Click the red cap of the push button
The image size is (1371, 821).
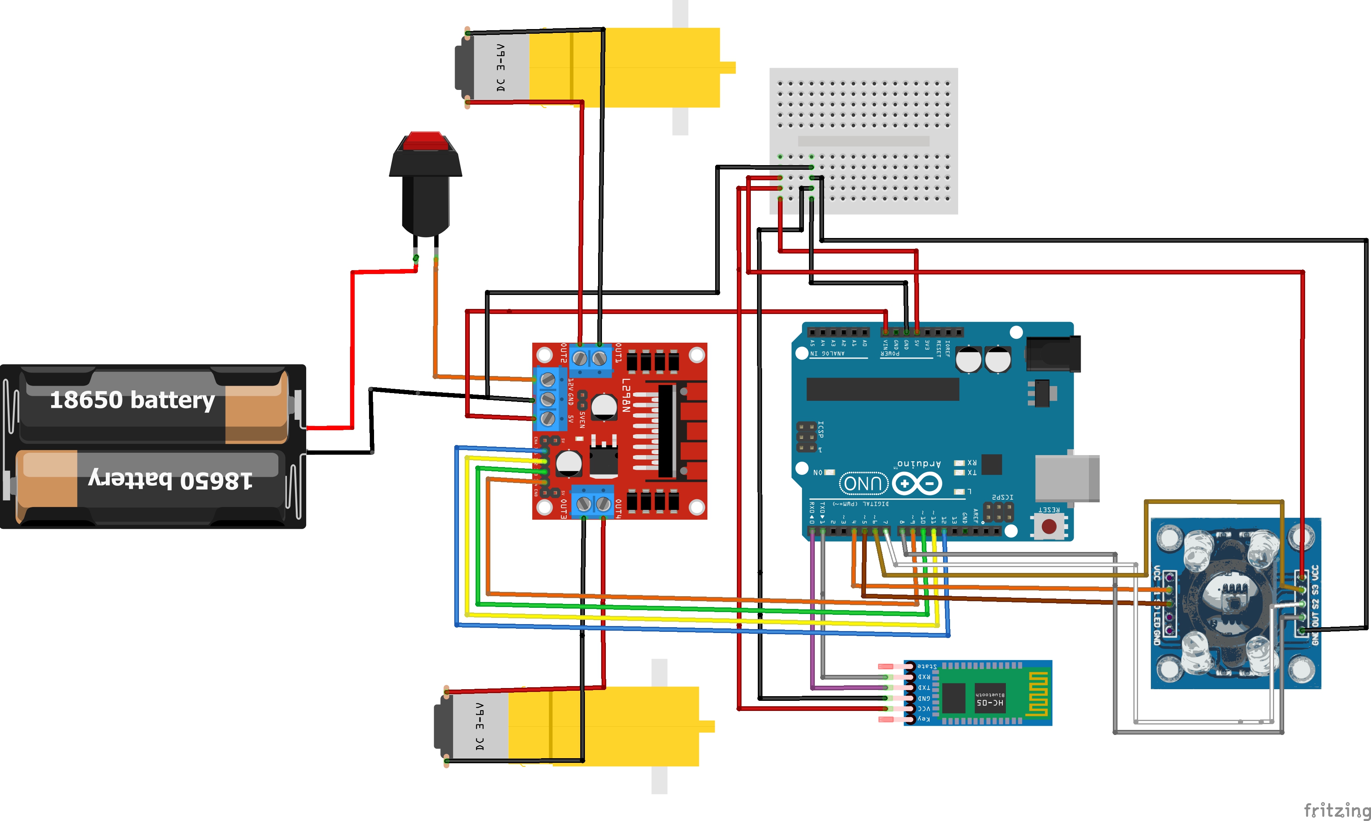425,141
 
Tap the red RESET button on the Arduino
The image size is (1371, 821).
1049,526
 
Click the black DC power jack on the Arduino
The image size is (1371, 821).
1053,354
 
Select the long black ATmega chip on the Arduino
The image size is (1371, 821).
883,389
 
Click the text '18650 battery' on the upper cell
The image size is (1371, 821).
132,399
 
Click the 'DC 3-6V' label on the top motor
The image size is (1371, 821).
500,67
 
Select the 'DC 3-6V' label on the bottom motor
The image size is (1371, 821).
479,726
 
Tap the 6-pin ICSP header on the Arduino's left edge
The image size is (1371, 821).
806,437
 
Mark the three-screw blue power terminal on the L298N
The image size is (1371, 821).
548,398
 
